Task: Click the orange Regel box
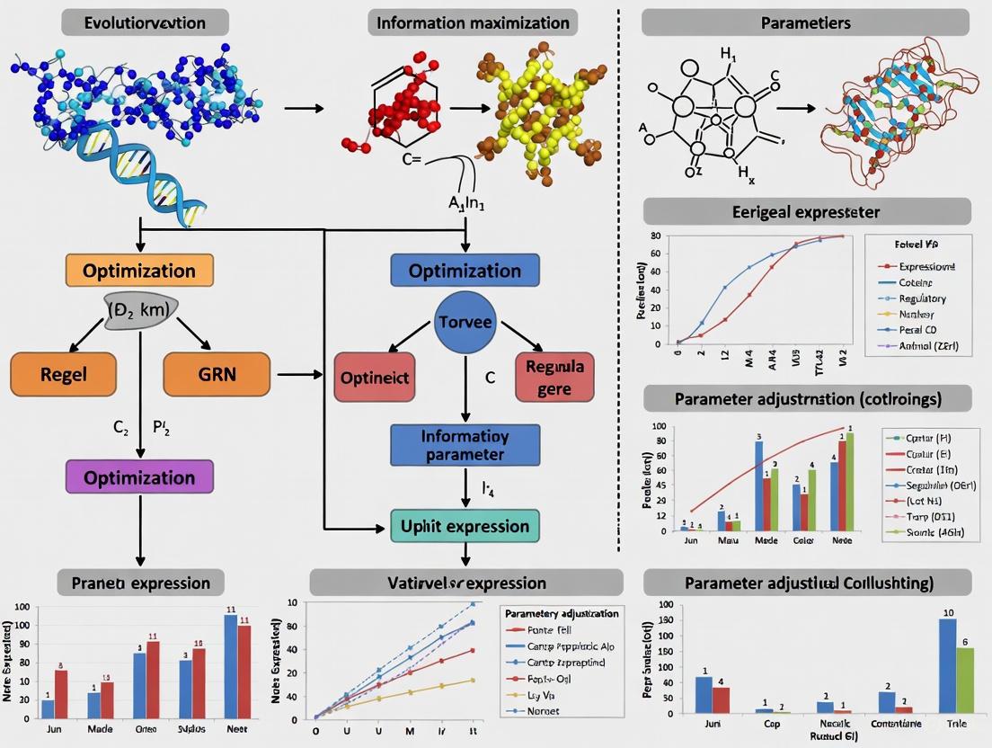(x=64, y=375)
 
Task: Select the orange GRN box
(x=217, y=375)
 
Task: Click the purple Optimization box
(x=139, y=476)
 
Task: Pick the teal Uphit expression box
(x=465, y=525)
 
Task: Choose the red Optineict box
(x=374, y=378)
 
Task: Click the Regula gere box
(x=554, y=378)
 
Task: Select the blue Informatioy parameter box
(x=465, y=444)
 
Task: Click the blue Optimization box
(x=465, y=271)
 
